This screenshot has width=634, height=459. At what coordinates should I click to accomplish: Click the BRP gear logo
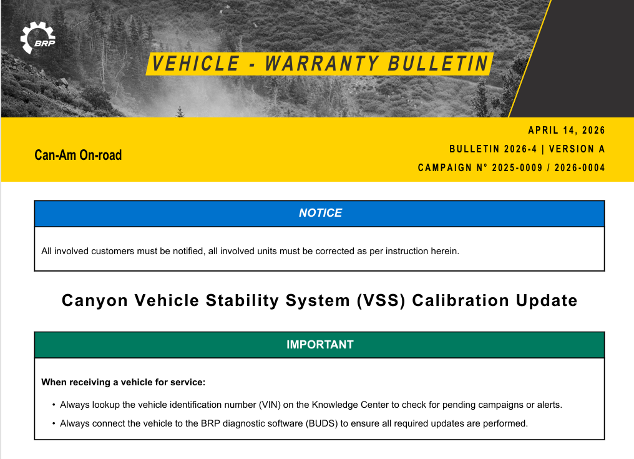pos(37,37)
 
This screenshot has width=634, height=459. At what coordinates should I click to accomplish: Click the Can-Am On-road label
pos(78,155)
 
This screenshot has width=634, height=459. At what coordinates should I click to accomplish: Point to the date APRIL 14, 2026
pos(567,131)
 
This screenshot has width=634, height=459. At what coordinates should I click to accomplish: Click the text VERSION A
pos(577,149)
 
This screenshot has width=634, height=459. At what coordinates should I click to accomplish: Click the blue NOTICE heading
pos(320,213)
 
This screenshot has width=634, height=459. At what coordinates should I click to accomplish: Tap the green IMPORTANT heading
pos(319,345)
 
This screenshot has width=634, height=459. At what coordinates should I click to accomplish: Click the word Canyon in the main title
pos(95,300)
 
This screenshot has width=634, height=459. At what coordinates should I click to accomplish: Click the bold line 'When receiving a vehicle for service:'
pos(123,382)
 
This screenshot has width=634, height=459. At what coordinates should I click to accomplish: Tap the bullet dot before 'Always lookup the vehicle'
pos(54,405)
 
